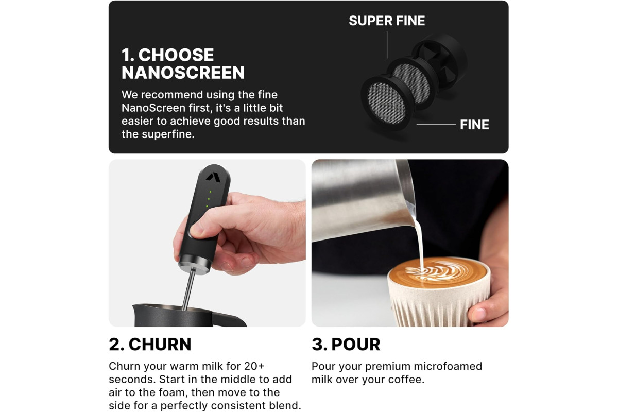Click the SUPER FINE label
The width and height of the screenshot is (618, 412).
(387, 21)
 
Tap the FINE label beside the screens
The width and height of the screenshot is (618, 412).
(474, 125)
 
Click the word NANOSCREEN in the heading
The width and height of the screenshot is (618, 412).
(183, 72)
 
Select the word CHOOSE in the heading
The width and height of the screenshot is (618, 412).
(176, 55)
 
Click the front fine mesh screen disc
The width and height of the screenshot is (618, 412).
(387, 102)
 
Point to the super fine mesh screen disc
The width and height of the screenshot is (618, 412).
(411, 83)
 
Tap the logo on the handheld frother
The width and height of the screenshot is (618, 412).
(213, 177)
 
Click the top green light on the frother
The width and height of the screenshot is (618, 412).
(210, 192)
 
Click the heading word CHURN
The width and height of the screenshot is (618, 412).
(160, 344)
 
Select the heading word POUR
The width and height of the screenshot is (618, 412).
(356, 344)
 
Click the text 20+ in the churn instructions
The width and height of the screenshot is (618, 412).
(254, 366)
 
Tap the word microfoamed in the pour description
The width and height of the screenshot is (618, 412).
(448, 366)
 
